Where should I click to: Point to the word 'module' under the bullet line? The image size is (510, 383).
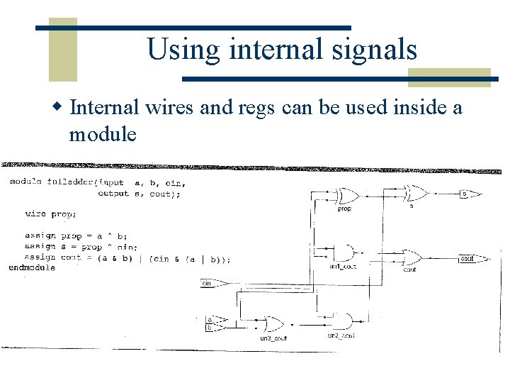pos(103,134)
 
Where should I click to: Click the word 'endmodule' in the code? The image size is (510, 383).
pos(32,268)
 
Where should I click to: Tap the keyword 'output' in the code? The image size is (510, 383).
pos(113,194)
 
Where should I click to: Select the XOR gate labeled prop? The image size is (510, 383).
pos(346,196)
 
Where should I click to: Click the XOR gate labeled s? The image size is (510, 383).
pos(415,193)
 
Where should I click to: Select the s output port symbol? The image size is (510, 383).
pos(469,194)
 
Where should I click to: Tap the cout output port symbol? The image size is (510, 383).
pos(470,259)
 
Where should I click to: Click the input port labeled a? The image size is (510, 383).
pos(210,320)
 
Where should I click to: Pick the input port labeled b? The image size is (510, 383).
pos(210,328)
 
